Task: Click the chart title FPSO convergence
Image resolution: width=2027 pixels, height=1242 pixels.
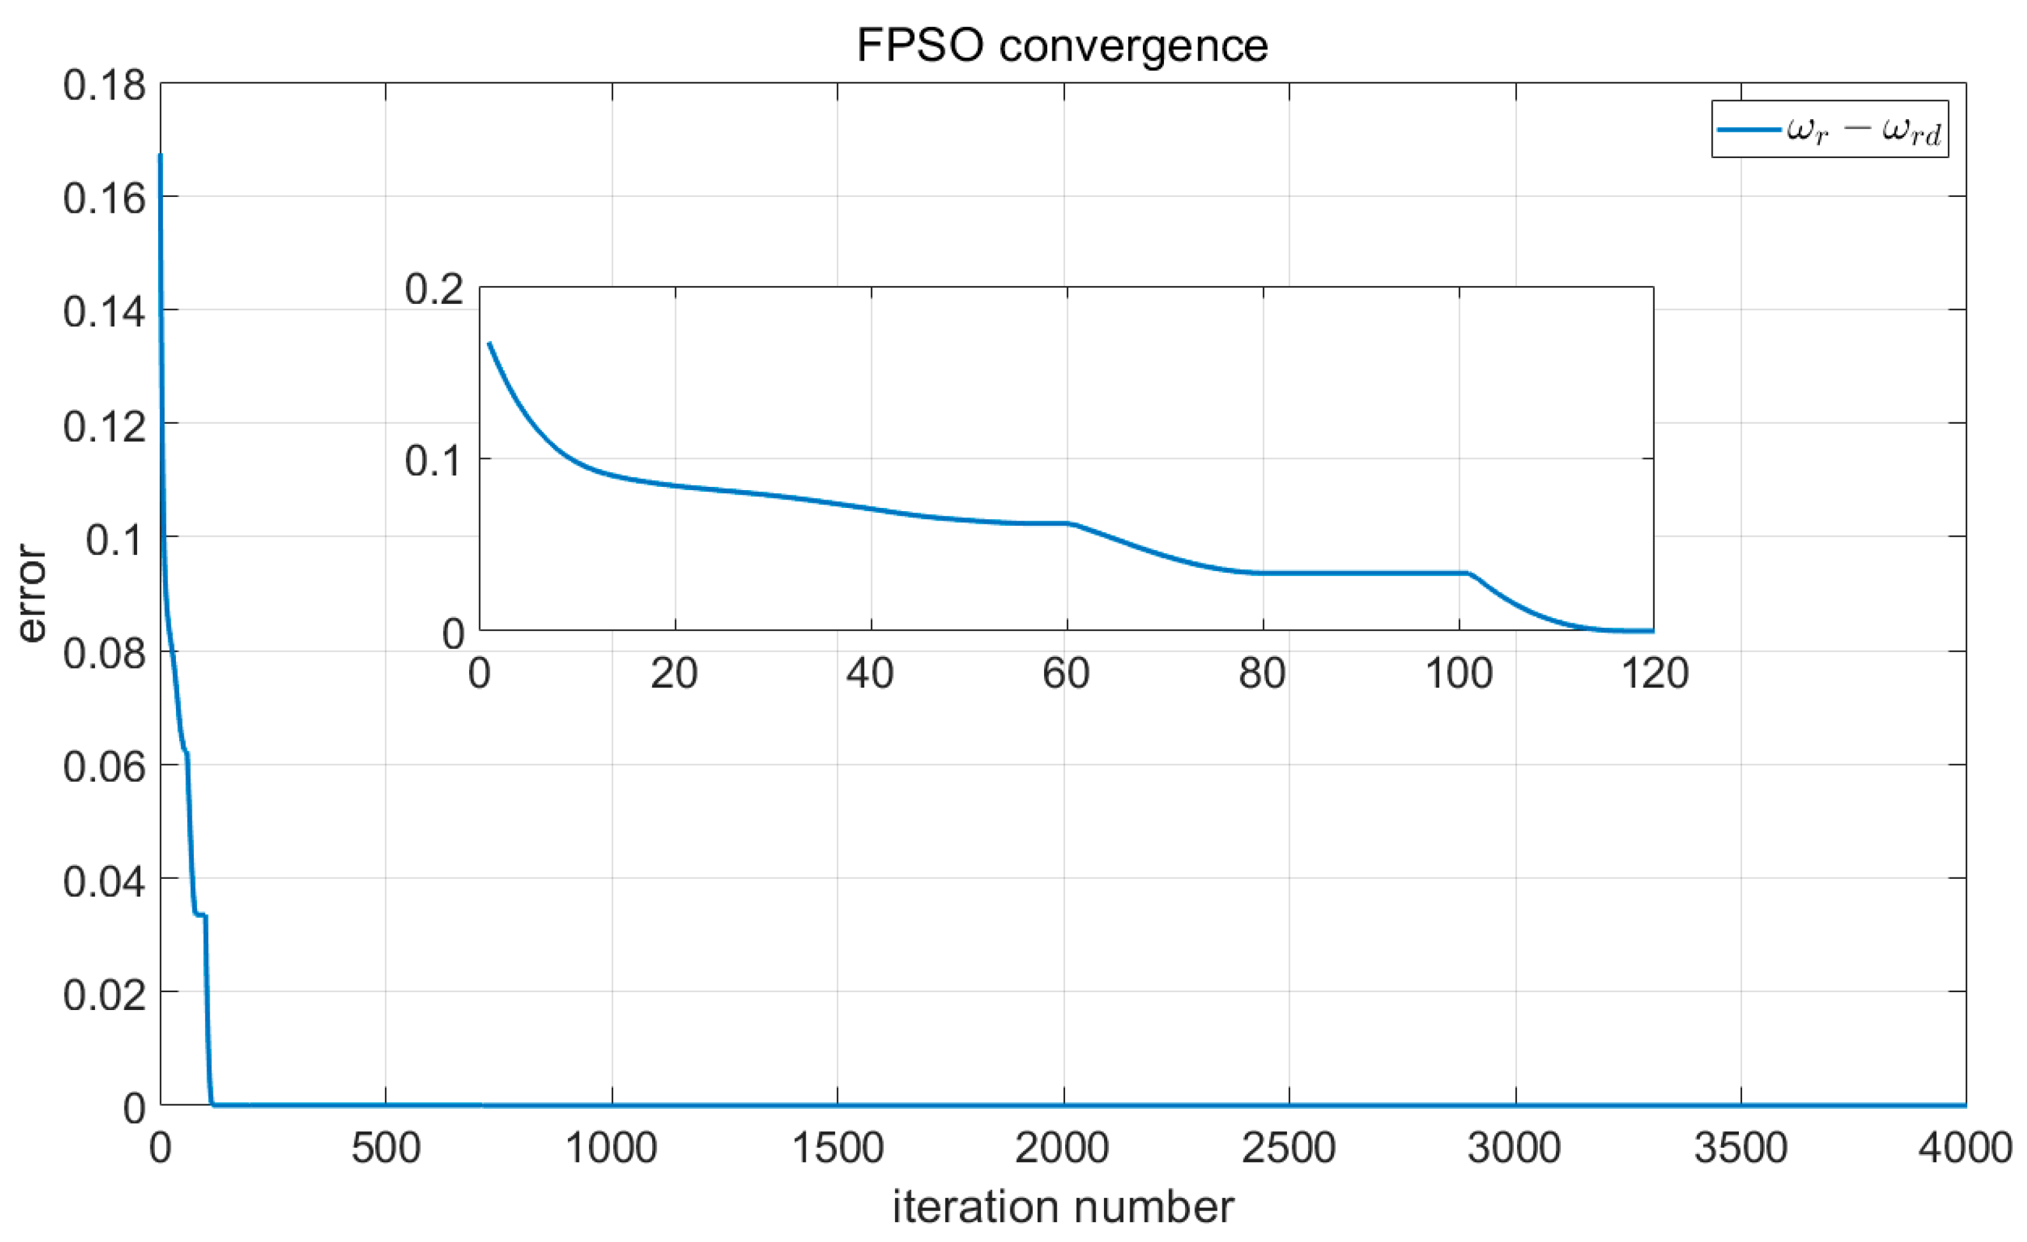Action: (x=1062, y=45)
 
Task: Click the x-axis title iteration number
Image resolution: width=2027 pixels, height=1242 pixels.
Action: (x=1063, y=1206)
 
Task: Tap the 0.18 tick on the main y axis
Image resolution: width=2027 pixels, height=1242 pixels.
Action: (x=105, y=85)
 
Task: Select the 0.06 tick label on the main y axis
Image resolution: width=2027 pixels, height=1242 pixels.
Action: (x=105, y=767)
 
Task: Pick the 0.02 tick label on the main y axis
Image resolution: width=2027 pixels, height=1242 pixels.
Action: (x=105, y=993)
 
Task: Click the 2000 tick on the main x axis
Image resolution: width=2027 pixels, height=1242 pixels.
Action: (x=1062, y=1148)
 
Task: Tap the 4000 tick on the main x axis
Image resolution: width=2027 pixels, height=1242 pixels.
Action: (x=1965, y=1148)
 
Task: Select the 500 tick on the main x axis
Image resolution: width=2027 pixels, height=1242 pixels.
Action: (x=386, y=1148)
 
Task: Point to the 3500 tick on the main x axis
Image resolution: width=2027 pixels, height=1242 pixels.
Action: (x=1740, y=1148)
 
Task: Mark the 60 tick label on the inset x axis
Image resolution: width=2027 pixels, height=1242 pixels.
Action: (x=1066, y=674)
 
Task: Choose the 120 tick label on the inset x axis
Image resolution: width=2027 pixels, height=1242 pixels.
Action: (x=1654, y=674)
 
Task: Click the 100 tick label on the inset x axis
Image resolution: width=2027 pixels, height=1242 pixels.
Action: (x=1458, y=674)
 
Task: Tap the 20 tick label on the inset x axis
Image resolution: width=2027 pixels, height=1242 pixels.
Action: (x=674, y=674)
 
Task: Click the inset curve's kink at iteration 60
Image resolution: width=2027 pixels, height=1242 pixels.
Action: (x=1068, y=523)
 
